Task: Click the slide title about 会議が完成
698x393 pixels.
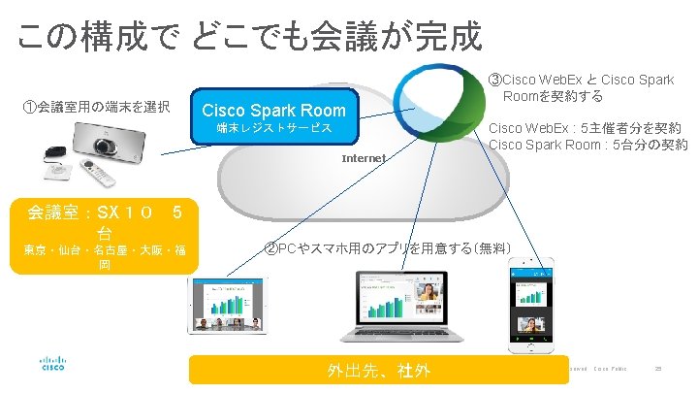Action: tap(249, 37)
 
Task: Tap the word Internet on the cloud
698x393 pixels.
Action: tap(364, 158)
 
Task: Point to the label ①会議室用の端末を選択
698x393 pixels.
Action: tap(97, 106)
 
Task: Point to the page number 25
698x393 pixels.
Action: tap(658, 369)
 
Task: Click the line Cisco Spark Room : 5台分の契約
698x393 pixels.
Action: tap(587, 146)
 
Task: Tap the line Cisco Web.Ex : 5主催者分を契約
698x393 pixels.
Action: tap(584, 128)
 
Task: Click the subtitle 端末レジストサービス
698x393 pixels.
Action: tap(274, 128)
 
